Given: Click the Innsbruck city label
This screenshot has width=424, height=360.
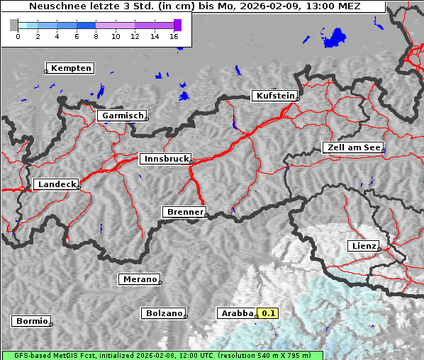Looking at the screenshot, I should pos(164,159).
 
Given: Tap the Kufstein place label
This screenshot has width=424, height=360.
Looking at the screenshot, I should pos(274,96).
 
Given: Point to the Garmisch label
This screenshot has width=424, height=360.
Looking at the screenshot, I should pos(122,116).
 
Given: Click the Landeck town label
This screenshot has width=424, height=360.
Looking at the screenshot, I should pos(56,184).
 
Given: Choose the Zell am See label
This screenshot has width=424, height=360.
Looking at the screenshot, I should pos(352,147).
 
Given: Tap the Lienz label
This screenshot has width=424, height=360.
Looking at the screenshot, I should pos(363,246).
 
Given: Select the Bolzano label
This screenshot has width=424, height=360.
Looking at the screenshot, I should pos(163,313).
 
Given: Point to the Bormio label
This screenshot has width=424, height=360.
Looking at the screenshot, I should pos(31,321).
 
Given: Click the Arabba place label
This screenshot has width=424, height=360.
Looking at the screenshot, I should pos(236,313).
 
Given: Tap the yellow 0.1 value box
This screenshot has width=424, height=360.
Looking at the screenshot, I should pos(268,313).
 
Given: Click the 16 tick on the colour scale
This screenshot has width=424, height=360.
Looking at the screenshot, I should pos(174,35).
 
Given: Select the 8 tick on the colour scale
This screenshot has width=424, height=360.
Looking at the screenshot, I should pos(96,35).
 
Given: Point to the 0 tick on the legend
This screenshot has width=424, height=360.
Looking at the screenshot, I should pos(18,35).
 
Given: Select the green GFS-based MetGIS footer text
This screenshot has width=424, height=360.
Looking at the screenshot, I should pos(162,355).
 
